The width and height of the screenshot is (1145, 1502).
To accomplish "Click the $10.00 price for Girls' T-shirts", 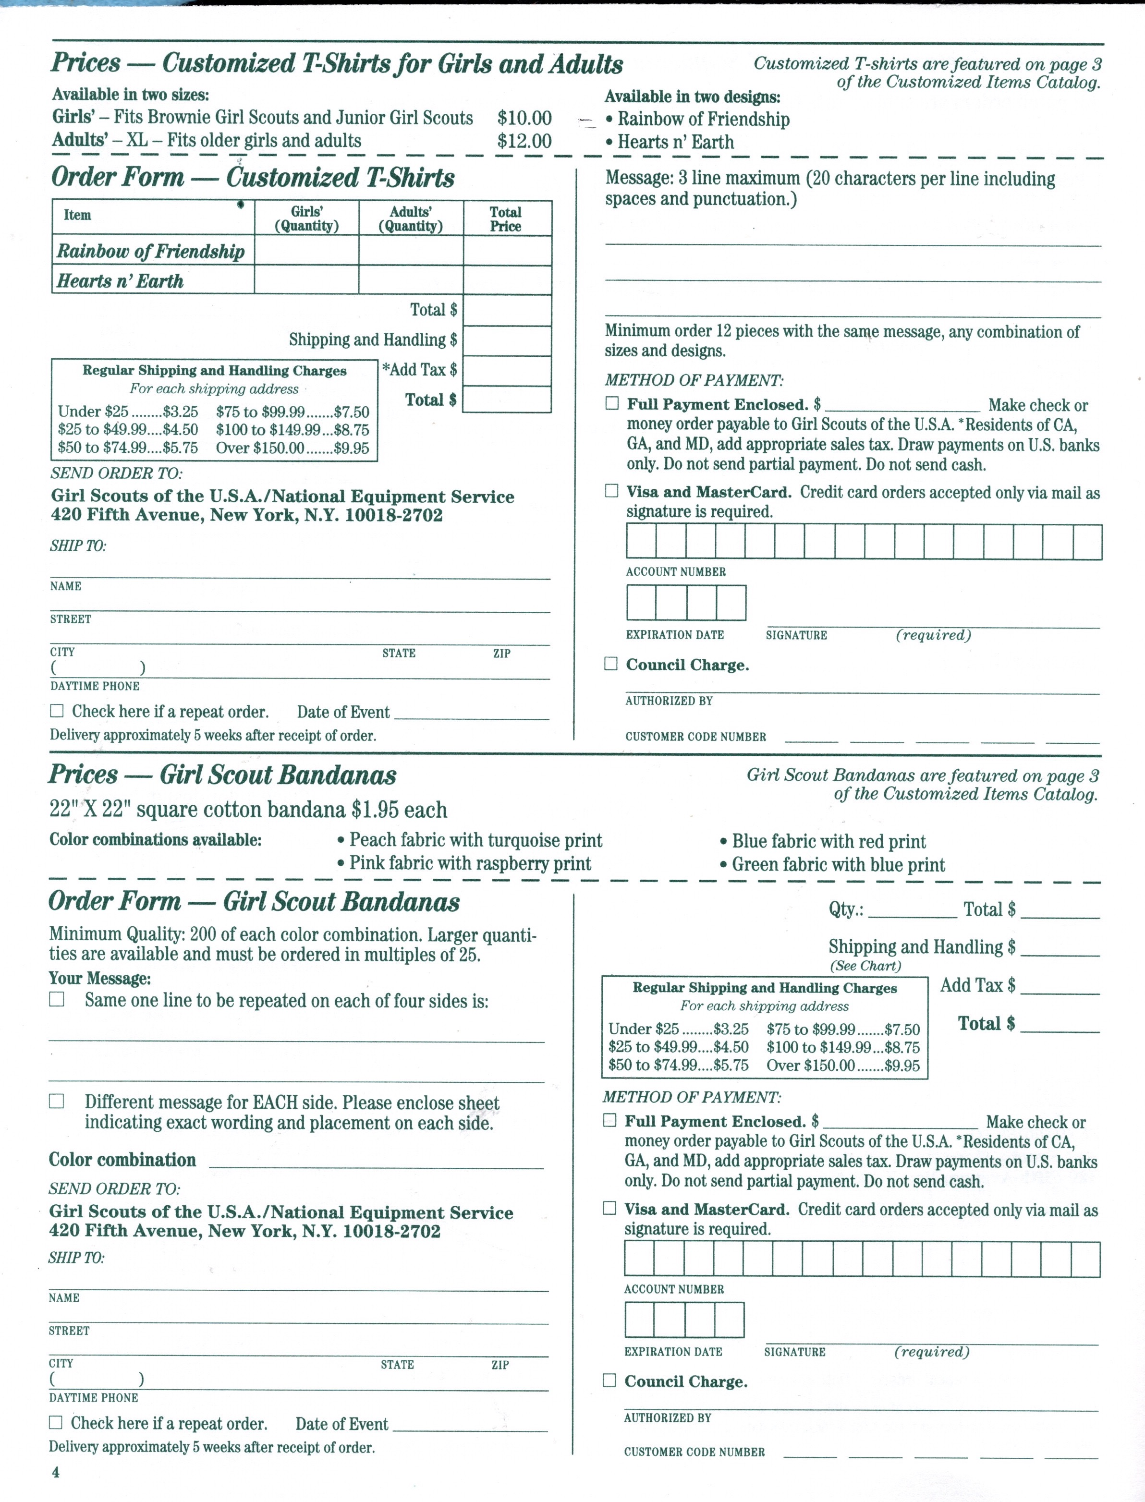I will click(x=524, y=118).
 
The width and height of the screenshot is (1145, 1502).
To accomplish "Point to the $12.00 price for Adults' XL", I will click(x=524, y=141).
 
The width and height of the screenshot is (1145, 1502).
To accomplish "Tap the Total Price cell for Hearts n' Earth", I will click(x=507, y=280).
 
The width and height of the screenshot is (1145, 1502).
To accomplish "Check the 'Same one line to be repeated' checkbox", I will click(x=57, y=999).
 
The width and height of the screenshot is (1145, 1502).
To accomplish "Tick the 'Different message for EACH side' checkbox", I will click(x=57, y=1101).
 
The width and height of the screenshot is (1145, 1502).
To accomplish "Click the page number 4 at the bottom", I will click(x=55, y=1472).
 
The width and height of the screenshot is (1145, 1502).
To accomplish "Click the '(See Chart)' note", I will click(x=865, y=966).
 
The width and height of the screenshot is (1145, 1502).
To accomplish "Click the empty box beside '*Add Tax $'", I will click(x=507, y=370).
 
